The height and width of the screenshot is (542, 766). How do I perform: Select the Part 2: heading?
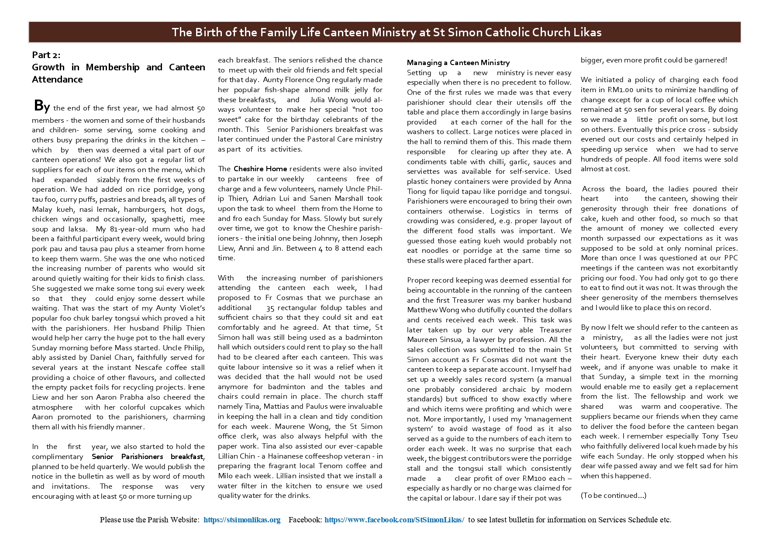point(46,55)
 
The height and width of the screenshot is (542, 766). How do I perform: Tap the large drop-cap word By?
point(42,107)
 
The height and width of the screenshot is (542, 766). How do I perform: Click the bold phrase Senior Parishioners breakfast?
point(148,456)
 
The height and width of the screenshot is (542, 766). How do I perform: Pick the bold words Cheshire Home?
point(260,169)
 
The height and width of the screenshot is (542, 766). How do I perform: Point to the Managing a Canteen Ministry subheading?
point(458,63)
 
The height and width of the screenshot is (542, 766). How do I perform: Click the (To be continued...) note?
point(613,495)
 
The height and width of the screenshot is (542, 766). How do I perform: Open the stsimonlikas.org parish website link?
point(242,520)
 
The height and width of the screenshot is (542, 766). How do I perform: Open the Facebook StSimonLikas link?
point(394,520)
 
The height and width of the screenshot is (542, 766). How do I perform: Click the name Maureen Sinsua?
point(428,340)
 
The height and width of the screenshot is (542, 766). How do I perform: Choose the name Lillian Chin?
point(232,456)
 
